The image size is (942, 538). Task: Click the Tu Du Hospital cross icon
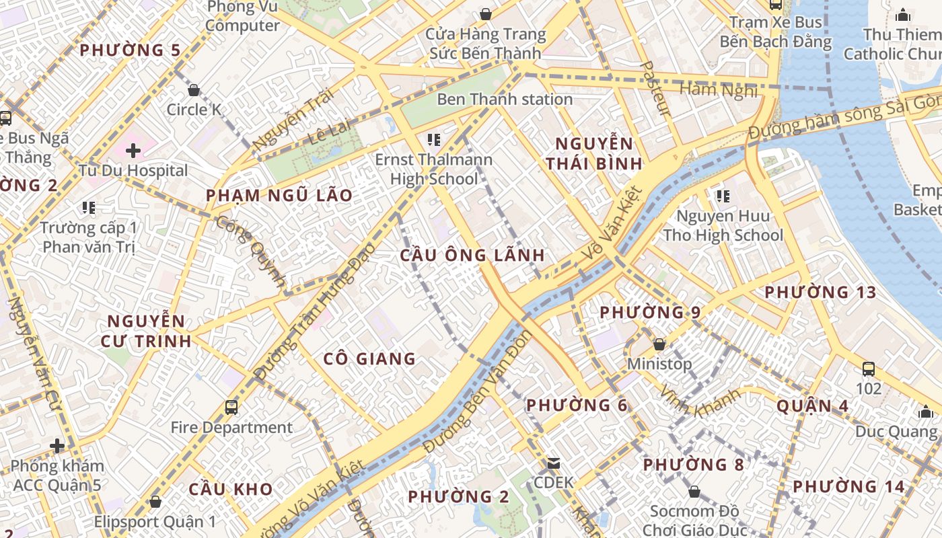coord(133,150)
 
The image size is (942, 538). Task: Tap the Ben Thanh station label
coord(505,100)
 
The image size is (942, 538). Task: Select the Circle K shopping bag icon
coord(194,90)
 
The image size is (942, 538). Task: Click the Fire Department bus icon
coord(231,408)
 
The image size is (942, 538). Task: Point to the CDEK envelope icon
coord(554,463)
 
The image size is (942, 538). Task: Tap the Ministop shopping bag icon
coord(659,344)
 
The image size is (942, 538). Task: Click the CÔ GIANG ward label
coord(369,359)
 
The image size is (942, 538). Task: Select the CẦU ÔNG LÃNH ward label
coord(472,256)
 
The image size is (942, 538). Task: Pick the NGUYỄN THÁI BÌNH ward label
coord(594,153)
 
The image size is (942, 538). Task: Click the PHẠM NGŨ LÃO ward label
coord(279,196)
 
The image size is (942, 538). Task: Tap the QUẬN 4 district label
coord(812,406)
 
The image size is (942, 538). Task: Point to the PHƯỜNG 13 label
coord(820,293)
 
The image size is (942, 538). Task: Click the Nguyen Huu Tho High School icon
coord(723,196)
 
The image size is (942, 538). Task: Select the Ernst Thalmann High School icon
coord(434,140)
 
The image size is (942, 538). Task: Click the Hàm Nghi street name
coord(719,89)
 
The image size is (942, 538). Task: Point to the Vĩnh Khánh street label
coord(700,401)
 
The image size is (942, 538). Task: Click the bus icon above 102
coord(869,369)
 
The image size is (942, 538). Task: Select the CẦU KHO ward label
coord(230,489)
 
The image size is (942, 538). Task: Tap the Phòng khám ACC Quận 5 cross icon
coord(57,446)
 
